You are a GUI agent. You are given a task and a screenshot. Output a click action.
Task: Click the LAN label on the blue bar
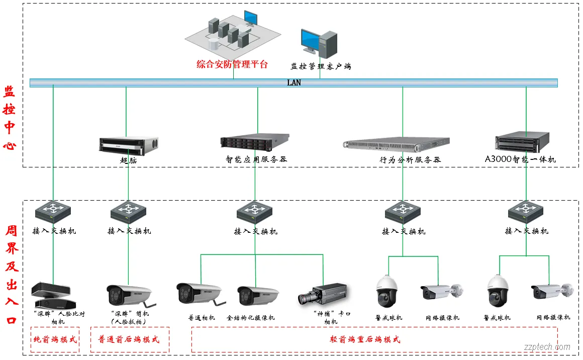click(294, 82)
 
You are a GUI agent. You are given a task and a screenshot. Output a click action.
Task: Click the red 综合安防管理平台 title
click(232, 64)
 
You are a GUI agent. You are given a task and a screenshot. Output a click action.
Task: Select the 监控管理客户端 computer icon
click(319, 43)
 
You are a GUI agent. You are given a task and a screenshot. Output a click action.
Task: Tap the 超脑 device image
click(129, 145)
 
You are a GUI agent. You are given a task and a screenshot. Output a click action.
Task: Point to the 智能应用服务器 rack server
click(255, 141)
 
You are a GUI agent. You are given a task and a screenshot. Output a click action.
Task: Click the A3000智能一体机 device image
click(523, 142)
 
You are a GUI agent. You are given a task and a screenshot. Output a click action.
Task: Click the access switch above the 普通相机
click(255, 213)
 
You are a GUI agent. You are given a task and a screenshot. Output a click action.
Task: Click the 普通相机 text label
click(202, 318)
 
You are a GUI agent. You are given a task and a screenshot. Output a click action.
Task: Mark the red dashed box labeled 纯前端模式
click(55, 339)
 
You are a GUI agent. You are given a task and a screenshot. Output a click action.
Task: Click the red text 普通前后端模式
click(129, 339)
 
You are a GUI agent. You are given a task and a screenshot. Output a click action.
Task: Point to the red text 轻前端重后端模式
click(365, 339)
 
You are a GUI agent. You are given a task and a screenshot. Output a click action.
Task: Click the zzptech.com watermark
click(547, 347)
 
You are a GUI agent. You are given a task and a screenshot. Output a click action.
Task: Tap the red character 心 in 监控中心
click(10, 146)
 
